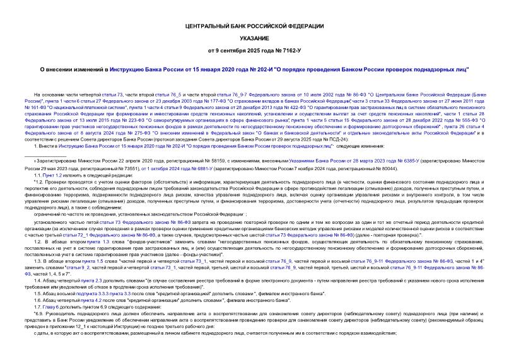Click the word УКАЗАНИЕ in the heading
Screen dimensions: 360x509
(254, 38)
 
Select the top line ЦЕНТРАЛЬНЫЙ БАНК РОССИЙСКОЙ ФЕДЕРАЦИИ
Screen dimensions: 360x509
(254, 26)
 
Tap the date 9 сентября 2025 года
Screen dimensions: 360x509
(240, 49)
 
